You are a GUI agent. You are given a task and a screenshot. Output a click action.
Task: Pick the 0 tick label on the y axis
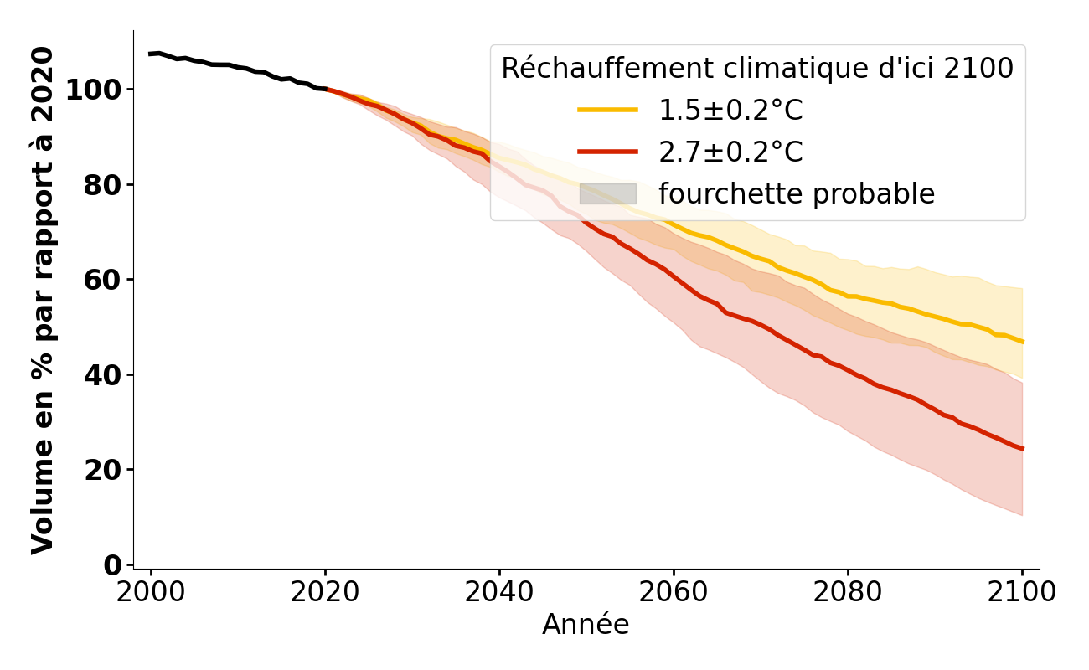111,564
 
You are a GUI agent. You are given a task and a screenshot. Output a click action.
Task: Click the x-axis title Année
586,625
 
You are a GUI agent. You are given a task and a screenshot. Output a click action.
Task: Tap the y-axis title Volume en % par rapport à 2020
43,300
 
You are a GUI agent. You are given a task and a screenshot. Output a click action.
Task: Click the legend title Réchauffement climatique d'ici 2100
757,69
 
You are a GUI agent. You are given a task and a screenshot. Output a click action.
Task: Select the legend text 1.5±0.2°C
730,111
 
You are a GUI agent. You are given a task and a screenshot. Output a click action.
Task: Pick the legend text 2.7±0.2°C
730,152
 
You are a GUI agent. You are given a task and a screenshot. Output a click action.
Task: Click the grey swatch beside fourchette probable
607,194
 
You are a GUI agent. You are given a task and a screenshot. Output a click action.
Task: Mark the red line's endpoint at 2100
1022,449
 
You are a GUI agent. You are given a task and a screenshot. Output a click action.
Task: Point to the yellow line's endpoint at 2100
1022,342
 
